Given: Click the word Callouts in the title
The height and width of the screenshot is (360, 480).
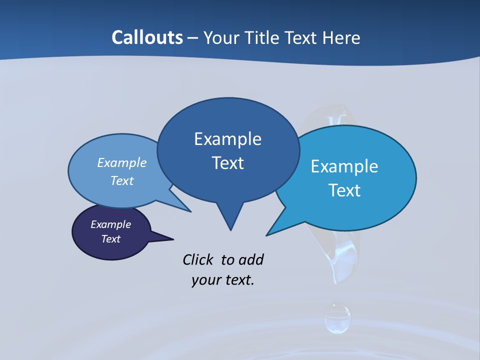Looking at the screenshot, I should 147,37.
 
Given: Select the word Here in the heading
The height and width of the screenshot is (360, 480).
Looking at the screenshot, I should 341,38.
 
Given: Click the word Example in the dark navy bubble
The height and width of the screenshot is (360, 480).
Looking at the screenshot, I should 110,224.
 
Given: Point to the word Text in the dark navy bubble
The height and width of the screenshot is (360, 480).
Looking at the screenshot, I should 110,239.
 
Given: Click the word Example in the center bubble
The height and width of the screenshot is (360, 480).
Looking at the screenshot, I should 227,139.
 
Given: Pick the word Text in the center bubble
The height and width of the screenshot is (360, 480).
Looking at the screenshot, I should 227,163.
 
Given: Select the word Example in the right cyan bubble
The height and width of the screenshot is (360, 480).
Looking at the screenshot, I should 344,166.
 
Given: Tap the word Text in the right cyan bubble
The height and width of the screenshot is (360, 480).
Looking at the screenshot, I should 344,190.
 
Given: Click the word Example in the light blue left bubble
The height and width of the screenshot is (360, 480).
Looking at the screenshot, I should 122,162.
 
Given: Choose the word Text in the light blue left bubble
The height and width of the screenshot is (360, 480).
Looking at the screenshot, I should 122,180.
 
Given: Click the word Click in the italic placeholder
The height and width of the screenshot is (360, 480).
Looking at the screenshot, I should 198,259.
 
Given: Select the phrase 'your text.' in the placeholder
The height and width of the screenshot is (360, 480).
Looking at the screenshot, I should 223,280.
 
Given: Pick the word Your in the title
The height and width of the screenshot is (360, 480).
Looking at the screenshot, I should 222,38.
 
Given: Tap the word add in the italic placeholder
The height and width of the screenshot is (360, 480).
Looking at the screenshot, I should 251,259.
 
